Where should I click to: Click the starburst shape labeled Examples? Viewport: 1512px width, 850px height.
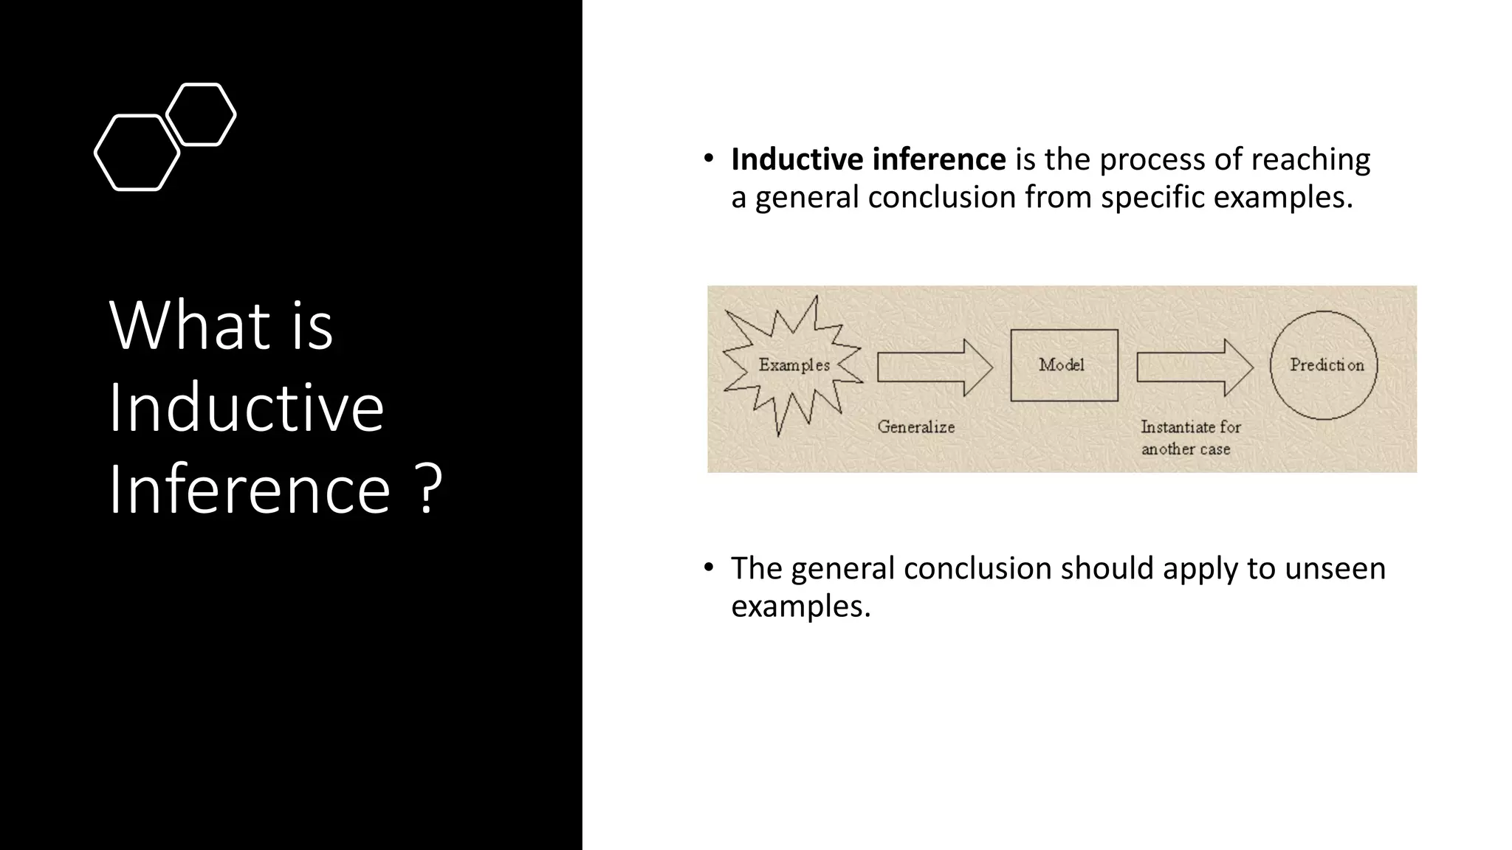793,365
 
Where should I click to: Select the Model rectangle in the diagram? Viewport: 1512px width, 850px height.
1063,365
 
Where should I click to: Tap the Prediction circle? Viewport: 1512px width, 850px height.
1324,365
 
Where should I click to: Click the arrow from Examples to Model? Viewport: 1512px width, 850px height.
935,367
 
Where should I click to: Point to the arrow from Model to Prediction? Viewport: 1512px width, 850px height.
1194,367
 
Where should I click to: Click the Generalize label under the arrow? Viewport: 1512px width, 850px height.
915,427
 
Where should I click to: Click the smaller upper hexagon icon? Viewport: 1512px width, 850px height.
201,114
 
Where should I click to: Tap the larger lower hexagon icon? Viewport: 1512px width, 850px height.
137,153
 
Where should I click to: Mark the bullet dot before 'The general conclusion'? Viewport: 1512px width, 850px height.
708,567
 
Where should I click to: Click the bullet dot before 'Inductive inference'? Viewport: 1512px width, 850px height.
708,159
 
